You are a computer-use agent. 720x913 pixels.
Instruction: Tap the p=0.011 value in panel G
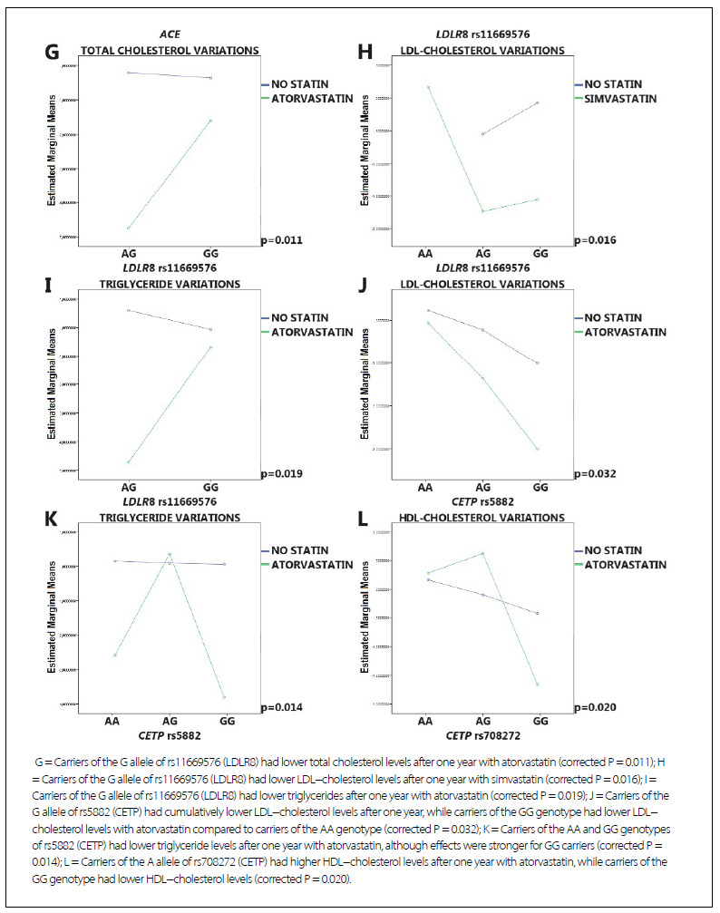pos(281,240)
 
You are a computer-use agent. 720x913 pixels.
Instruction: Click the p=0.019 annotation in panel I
pos(281,474)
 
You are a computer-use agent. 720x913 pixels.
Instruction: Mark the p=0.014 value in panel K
pos(281,707)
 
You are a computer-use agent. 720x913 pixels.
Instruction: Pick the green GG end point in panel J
pos(539,449)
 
